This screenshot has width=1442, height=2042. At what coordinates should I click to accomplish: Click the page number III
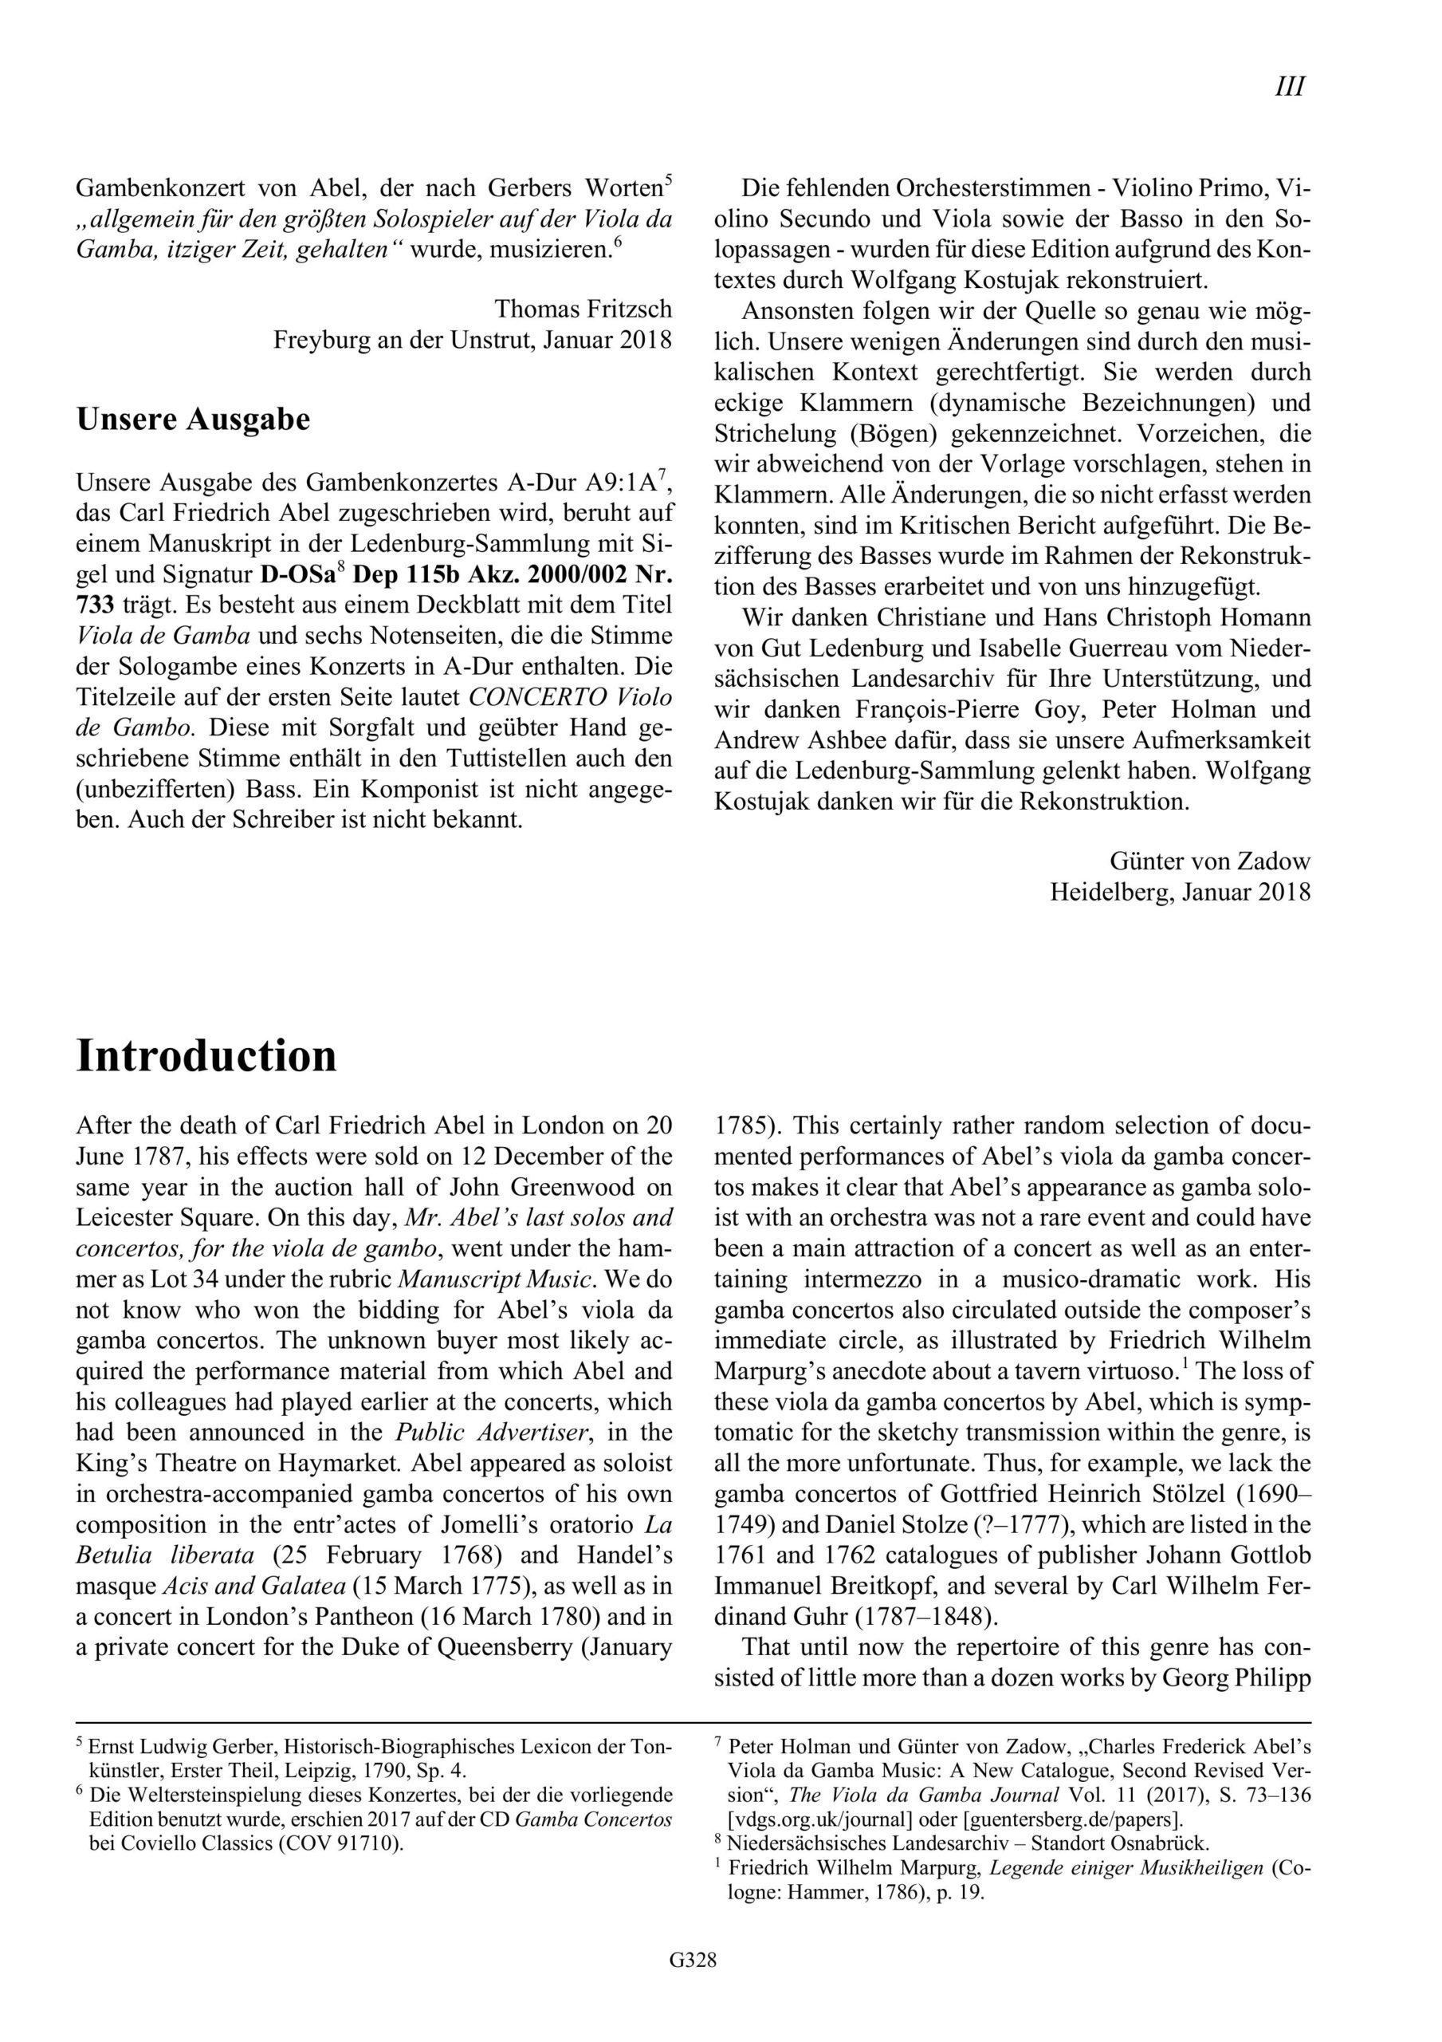click(1290, 86)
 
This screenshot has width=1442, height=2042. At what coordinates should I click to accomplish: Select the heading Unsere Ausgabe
click(193, 419)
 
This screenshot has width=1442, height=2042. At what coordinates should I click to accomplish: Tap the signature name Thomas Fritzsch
click(583, 309)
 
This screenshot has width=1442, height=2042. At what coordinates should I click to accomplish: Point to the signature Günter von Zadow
click(1209, 860)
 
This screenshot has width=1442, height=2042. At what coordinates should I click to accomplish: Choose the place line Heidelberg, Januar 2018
click(1180, 891)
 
